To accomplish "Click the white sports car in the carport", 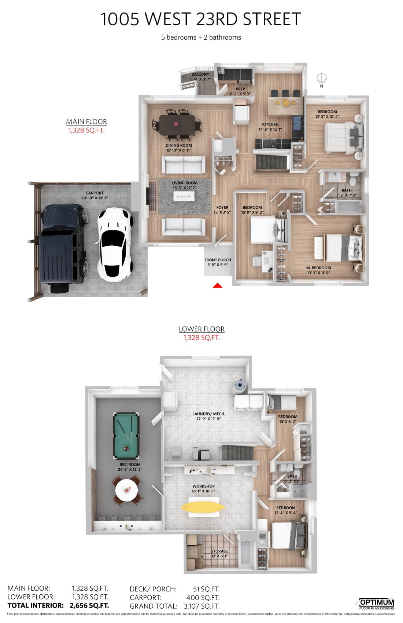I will point(115,245).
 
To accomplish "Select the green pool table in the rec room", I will point(126,436).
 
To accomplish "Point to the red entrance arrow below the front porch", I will point(218,285).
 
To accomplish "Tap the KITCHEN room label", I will point(270,124).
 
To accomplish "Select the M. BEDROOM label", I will point(319,268).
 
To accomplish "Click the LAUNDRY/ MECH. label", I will point(208,414).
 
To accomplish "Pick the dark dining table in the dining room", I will point(177,124).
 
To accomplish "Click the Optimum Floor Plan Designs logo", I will point(377,604).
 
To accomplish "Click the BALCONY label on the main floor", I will point(200,74).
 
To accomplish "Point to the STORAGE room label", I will point(219,551).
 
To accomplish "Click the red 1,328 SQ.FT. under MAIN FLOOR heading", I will point(86,130).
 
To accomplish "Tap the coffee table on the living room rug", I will point(182,196).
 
